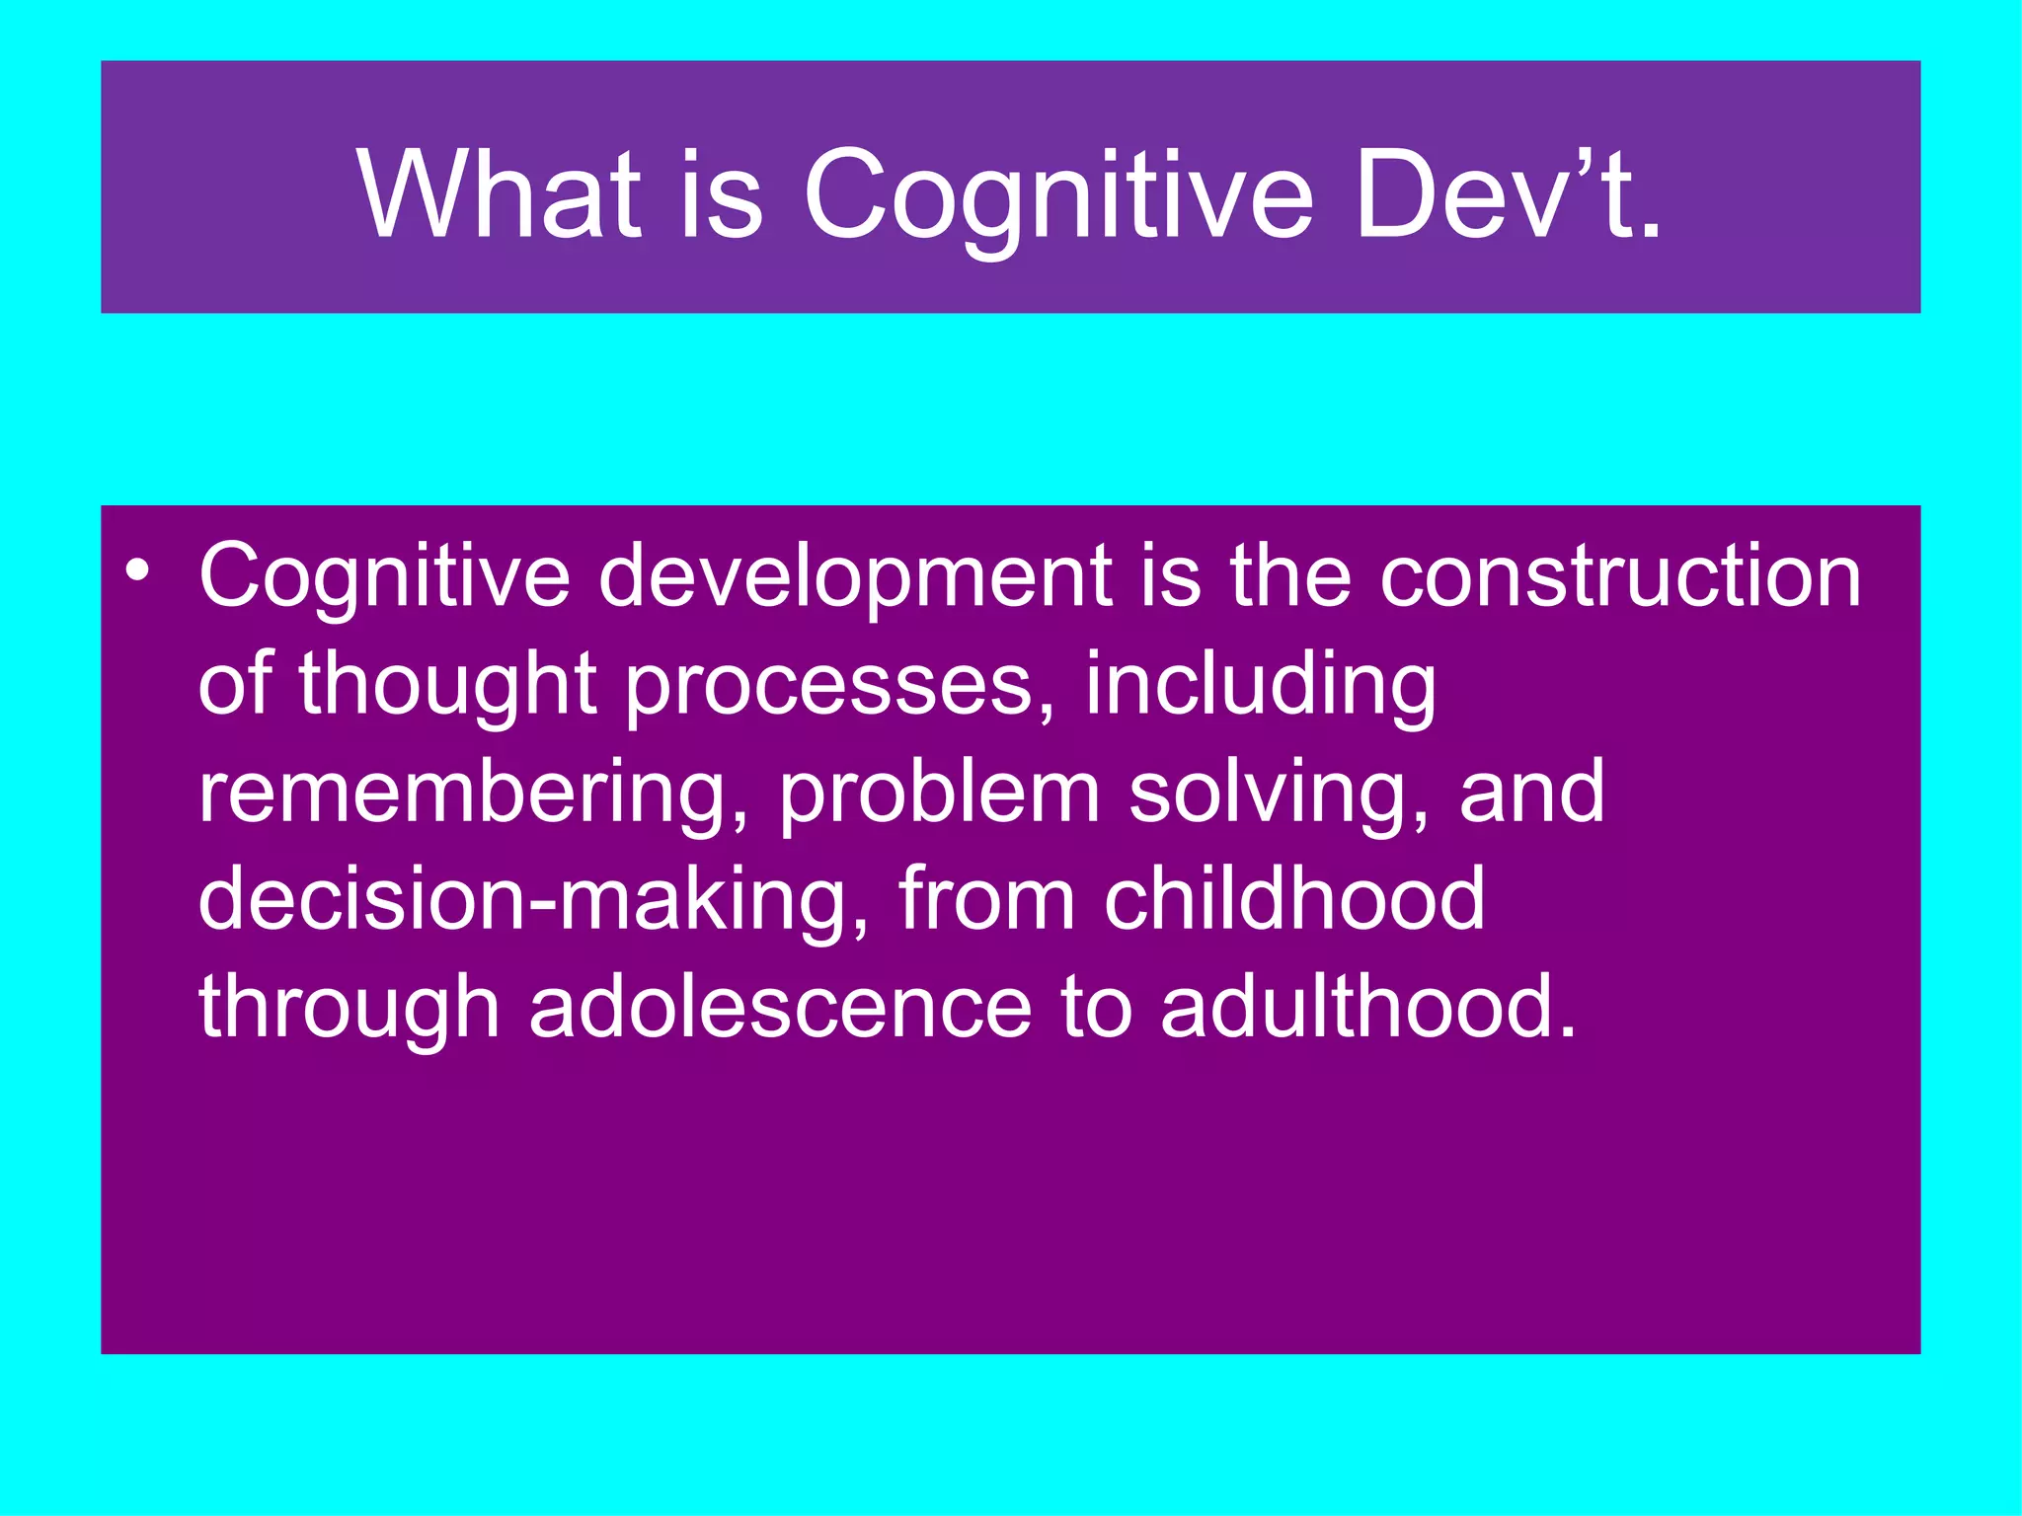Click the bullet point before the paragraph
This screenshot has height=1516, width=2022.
point(138,571)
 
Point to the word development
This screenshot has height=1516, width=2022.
point(855,577)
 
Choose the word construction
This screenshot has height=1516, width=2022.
point(1620,577)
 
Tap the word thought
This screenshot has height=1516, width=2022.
point(447,684)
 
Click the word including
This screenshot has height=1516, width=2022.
point(1261,684)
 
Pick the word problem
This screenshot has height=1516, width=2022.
point(939,793)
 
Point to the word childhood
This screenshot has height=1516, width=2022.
point(1293,900)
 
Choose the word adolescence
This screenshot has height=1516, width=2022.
point(780,1009)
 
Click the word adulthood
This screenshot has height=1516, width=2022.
point(1368,1009)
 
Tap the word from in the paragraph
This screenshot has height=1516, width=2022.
point(986,900)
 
